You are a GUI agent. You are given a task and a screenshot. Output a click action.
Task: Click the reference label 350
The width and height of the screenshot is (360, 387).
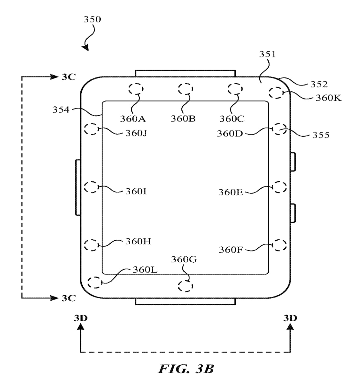point(92,20)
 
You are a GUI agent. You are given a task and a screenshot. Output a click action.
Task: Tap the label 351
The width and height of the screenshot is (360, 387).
point(267,54)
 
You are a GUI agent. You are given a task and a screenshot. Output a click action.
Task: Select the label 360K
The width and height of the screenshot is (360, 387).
point(328,98)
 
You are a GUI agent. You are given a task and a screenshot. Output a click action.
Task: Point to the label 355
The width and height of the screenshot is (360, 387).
point(321,135)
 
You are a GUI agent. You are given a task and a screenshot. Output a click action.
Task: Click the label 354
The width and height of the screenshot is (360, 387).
point(61,110)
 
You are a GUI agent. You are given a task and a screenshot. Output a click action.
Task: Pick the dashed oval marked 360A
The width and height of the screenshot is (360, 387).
point(136,89)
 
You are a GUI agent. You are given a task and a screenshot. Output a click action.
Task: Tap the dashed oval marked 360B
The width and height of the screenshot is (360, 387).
point(185,89)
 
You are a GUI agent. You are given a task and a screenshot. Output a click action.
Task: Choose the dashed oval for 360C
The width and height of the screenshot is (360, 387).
point(235,89)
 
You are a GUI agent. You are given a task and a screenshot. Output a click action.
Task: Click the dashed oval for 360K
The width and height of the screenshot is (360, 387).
point(276,93)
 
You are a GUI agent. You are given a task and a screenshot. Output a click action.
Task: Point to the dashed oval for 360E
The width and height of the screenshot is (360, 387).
point(280,187)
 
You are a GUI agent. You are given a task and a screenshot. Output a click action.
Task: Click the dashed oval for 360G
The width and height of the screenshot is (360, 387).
point(185,286)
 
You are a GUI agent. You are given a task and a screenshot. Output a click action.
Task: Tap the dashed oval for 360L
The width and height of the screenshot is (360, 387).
point(95,283)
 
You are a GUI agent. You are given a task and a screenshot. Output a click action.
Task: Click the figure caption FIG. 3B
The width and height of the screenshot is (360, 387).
point(186,369)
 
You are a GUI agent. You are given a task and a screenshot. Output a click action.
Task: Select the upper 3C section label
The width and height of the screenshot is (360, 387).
point(68,77)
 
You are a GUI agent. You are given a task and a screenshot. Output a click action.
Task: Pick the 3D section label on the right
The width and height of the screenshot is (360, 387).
point(290,318)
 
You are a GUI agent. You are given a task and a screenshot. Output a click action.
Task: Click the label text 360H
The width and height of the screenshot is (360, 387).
point(138,242)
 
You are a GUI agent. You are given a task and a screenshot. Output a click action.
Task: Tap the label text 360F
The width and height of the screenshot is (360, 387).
point(230,250)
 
